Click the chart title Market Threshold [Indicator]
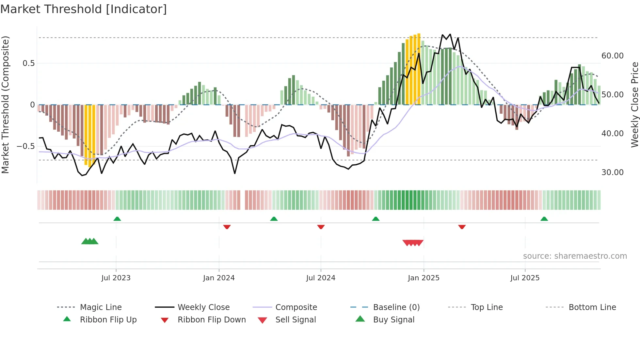pos(84,9)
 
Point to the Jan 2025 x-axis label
pos(424,278)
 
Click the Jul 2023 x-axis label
pos(116,278)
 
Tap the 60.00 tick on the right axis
pos(612,56)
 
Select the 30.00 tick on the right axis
pos(612,172)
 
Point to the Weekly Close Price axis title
pos(634,105)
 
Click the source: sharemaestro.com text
pos(575,256)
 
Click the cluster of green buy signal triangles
pos(90,241)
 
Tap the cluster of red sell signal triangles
pos(413,243)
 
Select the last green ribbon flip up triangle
pos(544,219)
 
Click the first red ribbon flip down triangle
pos(227,227)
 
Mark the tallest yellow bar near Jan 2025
pos(419,69)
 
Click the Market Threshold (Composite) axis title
pos(5,105)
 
